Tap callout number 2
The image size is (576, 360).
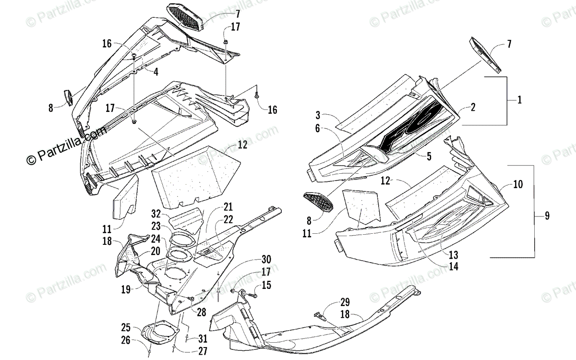tap(473, 108)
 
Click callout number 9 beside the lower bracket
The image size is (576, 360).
tap(547, 216)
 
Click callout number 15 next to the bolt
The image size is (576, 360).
tap(266, 286)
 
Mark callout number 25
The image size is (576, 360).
tap(126, 328)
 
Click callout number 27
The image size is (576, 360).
tap(202, 351)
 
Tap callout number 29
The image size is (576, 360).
tap(345, 302)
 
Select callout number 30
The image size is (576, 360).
tap(266, 260)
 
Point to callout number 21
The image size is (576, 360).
tap(228, 207)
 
